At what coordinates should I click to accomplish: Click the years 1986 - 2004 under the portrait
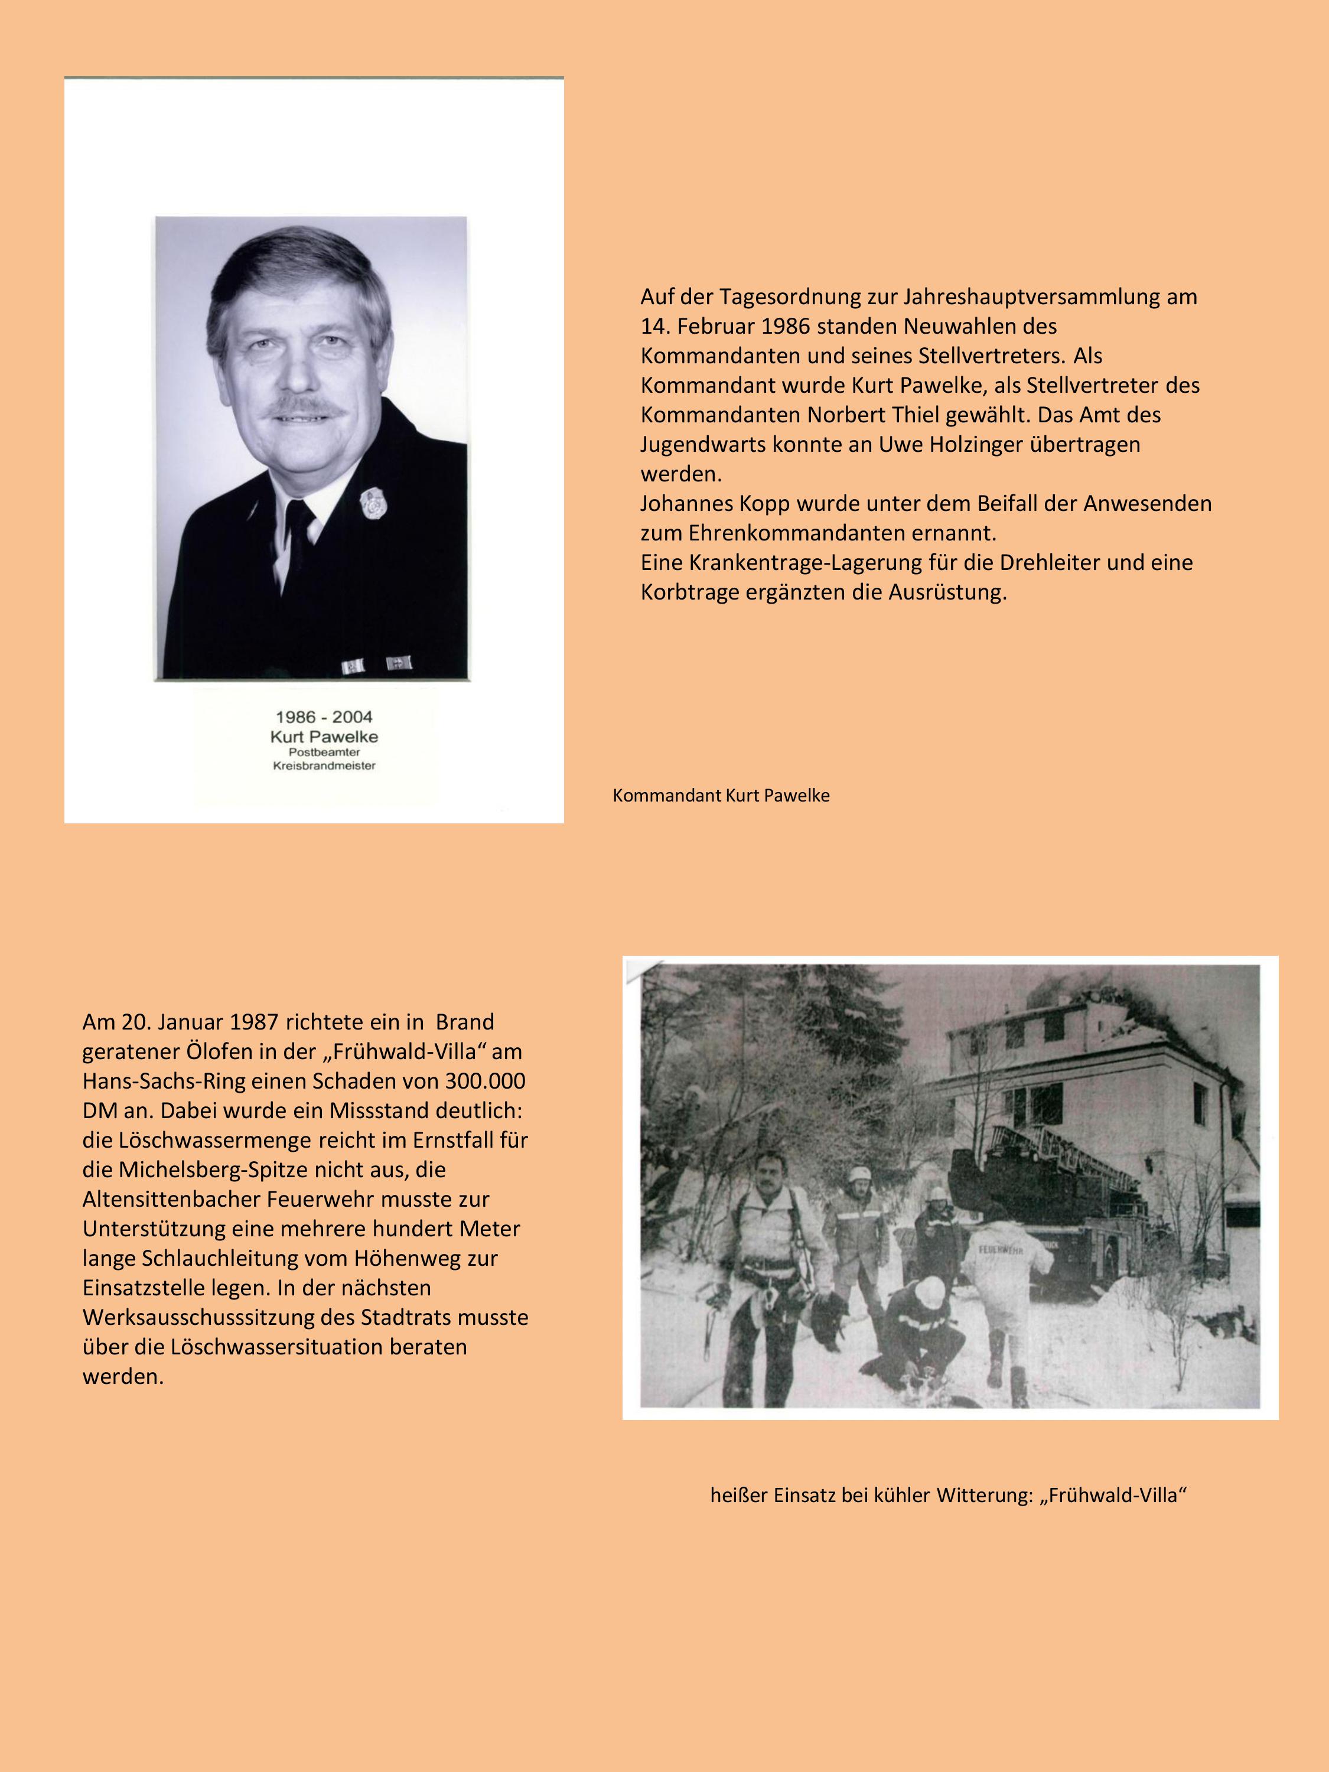tap(324, 717)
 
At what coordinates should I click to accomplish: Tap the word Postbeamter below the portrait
tap(324, 753)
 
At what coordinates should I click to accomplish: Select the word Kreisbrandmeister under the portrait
tap(324, 766)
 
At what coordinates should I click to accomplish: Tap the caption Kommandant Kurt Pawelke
tap(721, 796)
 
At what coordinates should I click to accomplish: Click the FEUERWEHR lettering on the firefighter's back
tap(1001, 1248)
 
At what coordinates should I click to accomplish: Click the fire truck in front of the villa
tap(1041, 1201)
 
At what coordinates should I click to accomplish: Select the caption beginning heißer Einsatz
tap(947, 1495)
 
